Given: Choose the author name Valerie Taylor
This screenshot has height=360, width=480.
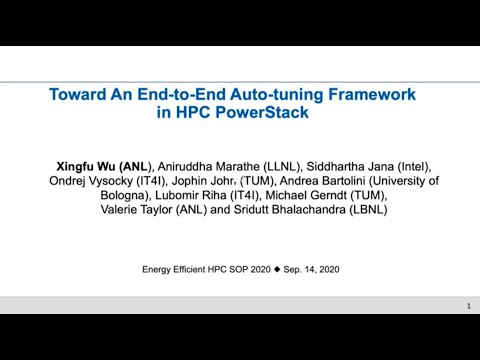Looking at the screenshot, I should [x=139, y=211].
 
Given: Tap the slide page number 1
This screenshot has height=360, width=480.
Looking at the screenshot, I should [x=468, y=305].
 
